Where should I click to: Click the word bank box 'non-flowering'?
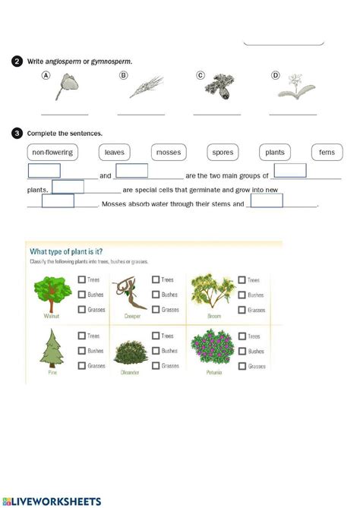pos(53,152)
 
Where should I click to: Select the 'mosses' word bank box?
pos(169,152)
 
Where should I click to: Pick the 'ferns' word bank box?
pos(327,152)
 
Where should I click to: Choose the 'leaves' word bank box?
pos(115,152)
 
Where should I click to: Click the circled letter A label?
pos(47,76)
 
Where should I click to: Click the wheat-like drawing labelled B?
pos(145,87)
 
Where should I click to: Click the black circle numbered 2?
pos(17,61)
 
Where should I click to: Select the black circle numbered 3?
pos(17,134)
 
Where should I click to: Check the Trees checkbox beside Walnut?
pos(82,280)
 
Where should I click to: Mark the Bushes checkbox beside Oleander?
pos(156,351)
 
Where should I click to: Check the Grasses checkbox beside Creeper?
pos(156,309)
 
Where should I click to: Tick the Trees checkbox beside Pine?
pos(82,336)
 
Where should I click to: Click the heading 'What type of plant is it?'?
pos(66,251)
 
